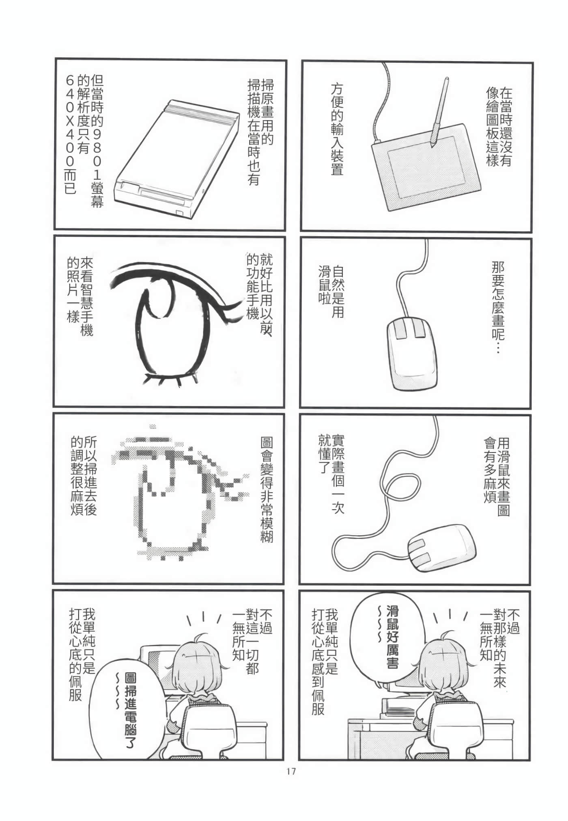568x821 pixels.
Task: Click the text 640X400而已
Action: coord(70,134)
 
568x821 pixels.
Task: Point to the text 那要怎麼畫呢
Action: coord(498,307)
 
